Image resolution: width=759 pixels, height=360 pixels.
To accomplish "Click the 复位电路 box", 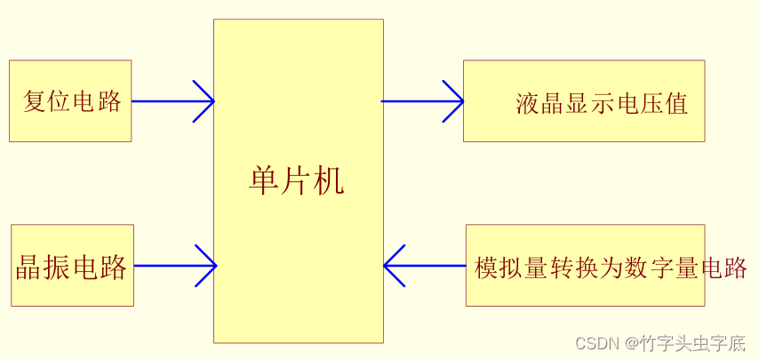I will [70, 100].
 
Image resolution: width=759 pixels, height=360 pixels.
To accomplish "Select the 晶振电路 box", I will [72, 265].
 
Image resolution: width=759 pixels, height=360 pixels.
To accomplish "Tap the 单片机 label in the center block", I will [297, 181].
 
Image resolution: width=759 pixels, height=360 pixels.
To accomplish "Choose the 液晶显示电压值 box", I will [584, 100].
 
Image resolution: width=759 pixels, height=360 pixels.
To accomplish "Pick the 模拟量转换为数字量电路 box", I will [585, 265].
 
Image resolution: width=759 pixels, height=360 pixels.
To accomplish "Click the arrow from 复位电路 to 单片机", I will [172, 101].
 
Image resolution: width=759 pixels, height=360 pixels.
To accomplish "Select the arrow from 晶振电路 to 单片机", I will [175, 266].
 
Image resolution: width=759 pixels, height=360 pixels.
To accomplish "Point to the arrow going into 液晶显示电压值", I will [423, 101].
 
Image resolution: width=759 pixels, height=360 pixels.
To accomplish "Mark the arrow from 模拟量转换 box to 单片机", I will [425, 266].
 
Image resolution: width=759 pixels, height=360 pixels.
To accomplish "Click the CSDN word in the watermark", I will [595, 343].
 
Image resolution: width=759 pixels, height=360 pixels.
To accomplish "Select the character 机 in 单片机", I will [330, 181].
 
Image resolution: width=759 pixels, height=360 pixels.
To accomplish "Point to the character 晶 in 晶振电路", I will [28, 267].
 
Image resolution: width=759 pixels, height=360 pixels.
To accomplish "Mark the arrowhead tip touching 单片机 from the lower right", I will [386, 266].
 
